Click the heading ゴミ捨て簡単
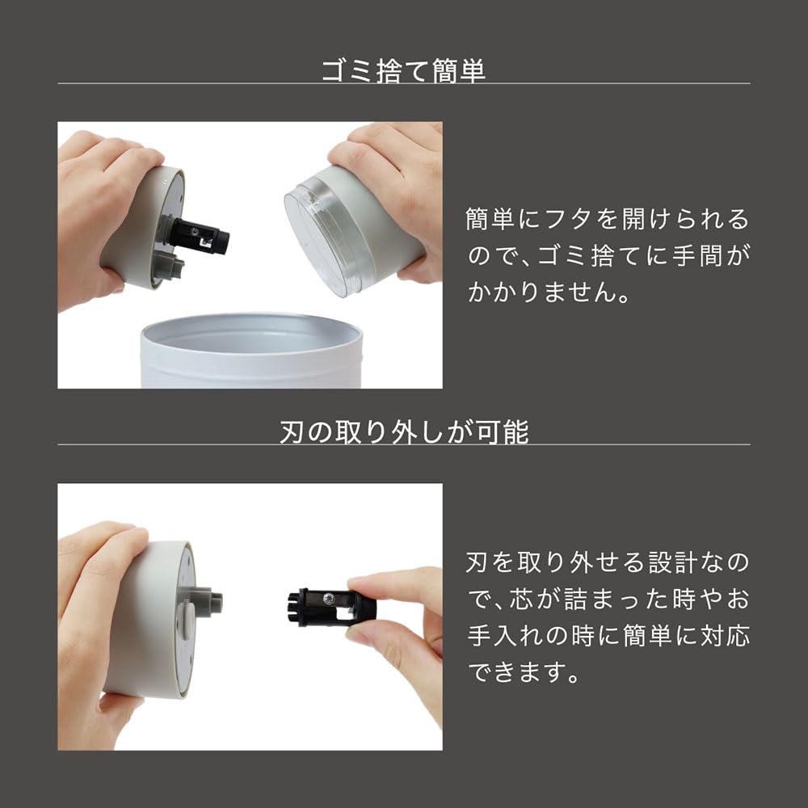[403, 70]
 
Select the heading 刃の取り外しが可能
[403, 431]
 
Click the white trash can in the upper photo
[250, 356]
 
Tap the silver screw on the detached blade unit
[329, 597]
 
